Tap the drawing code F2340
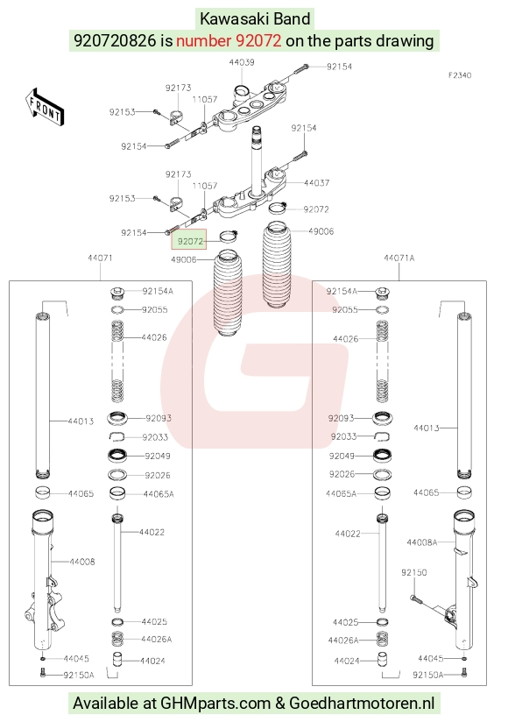tap(460, 75)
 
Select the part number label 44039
tap(242, 62)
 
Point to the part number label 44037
tap(316, 183)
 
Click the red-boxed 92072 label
tap(189, 241)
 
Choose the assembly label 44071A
tap(399, 258)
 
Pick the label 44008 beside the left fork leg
tap(82, 562)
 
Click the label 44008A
tap(422, 542)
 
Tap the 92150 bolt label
tap(413, 572)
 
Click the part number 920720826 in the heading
tap(115, 40)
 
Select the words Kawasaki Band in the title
tap(255, 19)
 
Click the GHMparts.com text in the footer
tap(215, 703)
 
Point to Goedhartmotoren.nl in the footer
tap(362, 703)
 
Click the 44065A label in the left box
tap(159, 494)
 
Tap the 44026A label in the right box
tap(343, 640)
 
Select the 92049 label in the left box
tap(158, 456)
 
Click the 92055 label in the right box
tap(344, 310)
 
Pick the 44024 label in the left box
tap(152, 662)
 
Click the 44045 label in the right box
tap(431, 658)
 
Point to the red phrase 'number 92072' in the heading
tap(229, 40)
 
